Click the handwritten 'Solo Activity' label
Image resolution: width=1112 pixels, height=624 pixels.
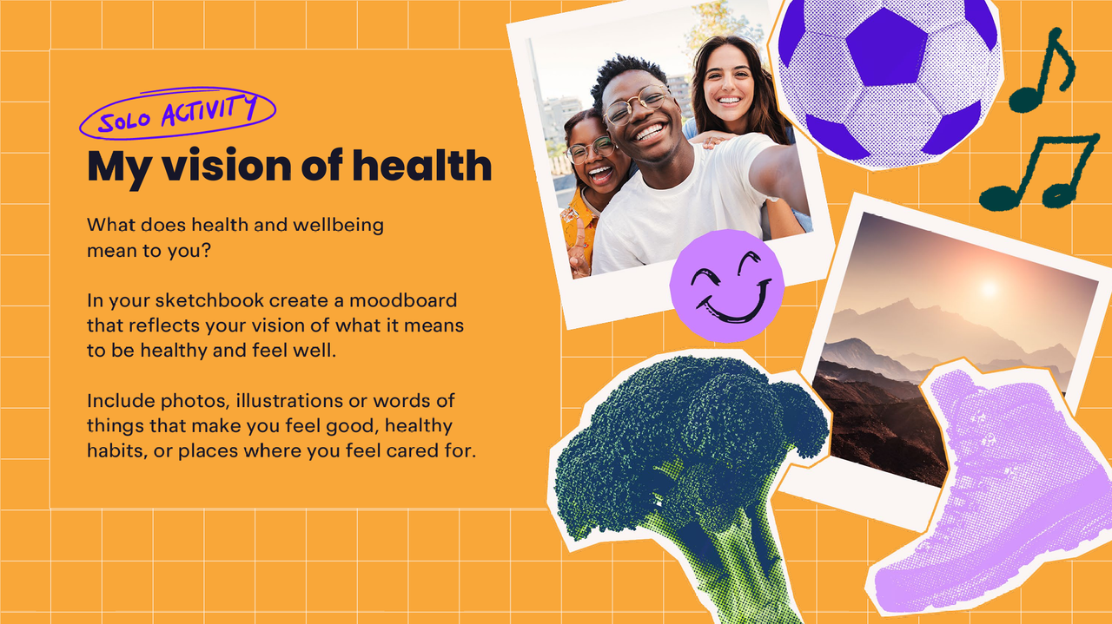pos(177,113)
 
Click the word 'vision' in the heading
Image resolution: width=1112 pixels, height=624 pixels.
pos(227,165)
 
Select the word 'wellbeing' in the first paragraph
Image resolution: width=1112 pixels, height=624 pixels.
pos(338,225)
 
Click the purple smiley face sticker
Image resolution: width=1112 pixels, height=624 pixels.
pos(727,286)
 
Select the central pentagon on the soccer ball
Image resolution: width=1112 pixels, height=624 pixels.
pos(887,48)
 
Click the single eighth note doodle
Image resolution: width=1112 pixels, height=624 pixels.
pos(1042,69)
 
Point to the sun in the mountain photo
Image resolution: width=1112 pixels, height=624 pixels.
pos(989,288)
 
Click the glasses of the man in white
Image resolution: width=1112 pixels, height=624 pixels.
pos(638,104)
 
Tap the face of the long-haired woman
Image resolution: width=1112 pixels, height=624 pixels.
pos(728,82)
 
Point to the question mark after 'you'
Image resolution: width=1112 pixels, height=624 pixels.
pos(206,250)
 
